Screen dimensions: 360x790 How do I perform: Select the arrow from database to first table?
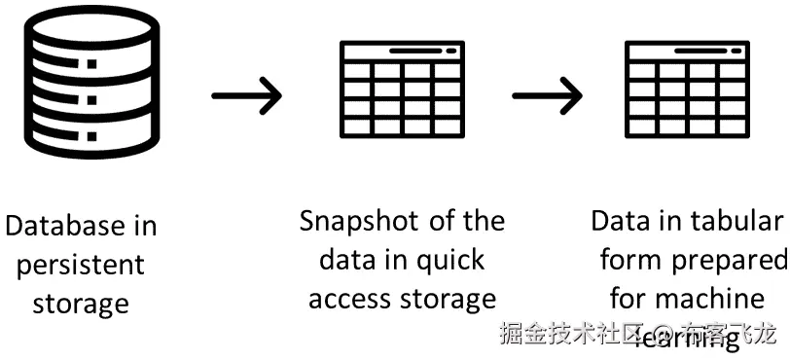click(246, 94)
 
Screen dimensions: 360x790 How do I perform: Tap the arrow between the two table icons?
click(547, 94)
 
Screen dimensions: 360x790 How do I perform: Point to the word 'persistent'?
click(80, 265)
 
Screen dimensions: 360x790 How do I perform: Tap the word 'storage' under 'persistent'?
click(81, 303)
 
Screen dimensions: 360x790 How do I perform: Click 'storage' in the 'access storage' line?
click(449, 299)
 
